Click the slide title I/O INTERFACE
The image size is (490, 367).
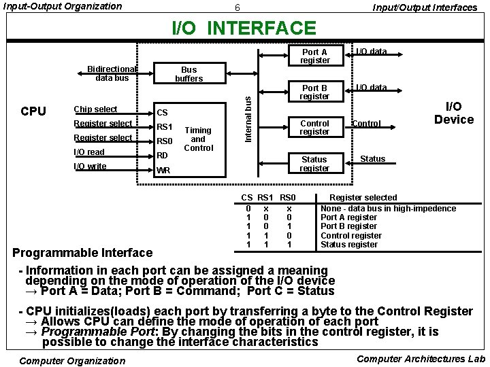[x=244, y=28]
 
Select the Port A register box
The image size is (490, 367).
[x=314, y=56]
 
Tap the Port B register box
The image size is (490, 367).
[x=314, y=92]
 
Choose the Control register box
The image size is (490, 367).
[x=314, y=128]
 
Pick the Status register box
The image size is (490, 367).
[x=314, y=164]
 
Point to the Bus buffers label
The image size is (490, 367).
[x=189, y=74]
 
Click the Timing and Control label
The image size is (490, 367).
[x=199, y=139]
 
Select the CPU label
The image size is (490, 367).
[x=33, y=111]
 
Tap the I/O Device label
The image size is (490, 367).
[x=453, y=113]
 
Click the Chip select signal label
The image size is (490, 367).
[x=95, y=109]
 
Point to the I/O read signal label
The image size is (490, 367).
[x=89, y=152]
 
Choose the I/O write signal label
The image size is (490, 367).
[x=90, y=167]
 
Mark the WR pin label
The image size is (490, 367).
[x=163, y=171]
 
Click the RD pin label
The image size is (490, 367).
[x=163, y=156]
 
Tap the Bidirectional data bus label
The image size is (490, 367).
[x=112, y=73]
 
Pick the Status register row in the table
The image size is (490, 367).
[x=348, y=245]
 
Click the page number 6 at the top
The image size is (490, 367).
[x=237, y=7]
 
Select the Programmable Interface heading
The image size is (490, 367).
[x=82, y=253]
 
